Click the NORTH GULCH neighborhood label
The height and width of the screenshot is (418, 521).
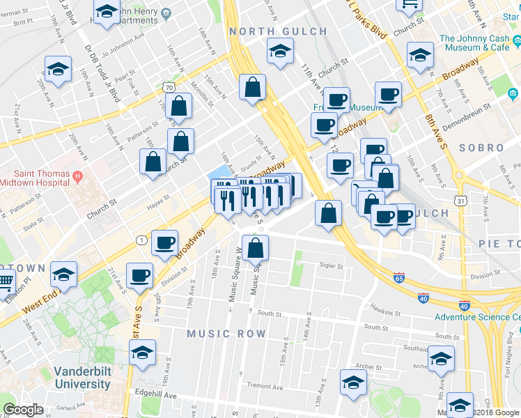pyautogui.click(x=278, y=31)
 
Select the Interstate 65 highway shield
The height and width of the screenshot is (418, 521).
pyautogui.click(x=398, y=277)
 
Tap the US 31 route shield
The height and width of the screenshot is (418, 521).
pyautogui.click(x=461, y=201)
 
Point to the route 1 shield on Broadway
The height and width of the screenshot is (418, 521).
pyautogui.click(x=141, y=240)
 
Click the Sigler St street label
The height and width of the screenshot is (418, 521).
pyautogui.click(x=332, y=265)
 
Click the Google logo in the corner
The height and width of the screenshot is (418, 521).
pyautogui.click(x=24, y=410)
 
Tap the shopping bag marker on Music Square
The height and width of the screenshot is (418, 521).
pyautogui.click(x=256, y=247)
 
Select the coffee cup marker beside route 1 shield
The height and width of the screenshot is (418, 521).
pyautogui.click(x=165, y=242)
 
